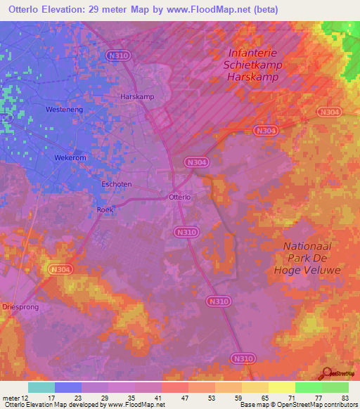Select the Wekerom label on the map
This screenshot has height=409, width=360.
[x=70, y=158]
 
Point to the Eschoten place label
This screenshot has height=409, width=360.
[x=117, y=184]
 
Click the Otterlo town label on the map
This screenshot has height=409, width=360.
[x=180, y=197]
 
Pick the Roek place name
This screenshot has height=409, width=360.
[x=104, y=209]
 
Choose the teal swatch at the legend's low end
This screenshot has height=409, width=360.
[x=41, y=387]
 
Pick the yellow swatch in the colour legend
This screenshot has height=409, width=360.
[x=281, y=387]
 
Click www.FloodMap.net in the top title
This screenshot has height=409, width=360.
[x=217, y=10]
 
